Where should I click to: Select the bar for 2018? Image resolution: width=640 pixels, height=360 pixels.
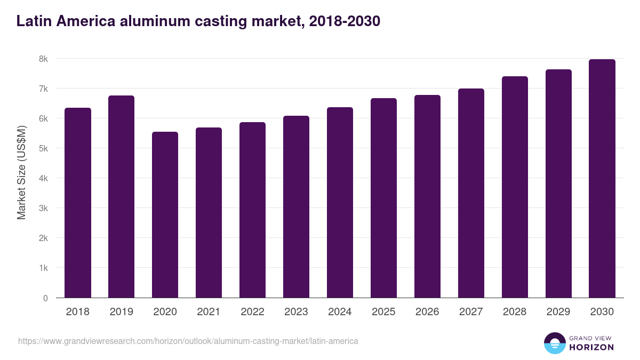[78, 203]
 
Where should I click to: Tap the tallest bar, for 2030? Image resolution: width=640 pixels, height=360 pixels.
[602, 178]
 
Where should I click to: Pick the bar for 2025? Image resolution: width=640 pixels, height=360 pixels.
[384, 198]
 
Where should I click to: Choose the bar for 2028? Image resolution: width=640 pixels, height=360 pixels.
[515, 187]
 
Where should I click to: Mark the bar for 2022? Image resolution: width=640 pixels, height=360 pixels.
[252, 210]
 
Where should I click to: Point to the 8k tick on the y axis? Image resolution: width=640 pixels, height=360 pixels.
[43, 59]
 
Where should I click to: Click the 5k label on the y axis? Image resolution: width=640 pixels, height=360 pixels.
[43, 148]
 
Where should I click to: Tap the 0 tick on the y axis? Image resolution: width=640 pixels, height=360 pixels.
[45, 298]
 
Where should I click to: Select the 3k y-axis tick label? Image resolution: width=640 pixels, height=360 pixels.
[43, 208]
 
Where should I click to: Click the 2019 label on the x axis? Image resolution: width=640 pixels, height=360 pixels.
[122, 312]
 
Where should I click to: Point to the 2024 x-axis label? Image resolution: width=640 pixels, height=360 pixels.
[340, 312]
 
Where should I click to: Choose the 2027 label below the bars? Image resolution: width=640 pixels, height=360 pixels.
[471, 312]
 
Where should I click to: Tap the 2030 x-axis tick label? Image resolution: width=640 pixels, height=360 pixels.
[602, 312]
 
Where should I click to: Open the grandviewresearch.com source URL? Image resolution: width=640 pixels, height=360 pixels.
[188, 341]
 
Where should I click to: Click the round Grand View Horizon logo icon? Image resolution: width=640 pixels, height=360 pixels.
[554, 343]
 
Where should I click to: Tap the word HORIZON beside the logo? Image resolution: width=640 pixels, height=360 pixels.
[591, 347]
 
